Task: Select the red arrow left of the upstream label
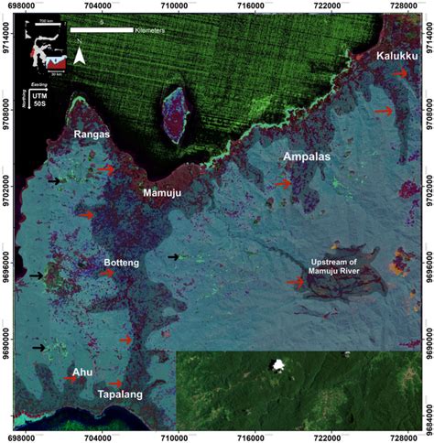295,282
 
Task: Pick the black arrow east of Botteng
173,257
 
